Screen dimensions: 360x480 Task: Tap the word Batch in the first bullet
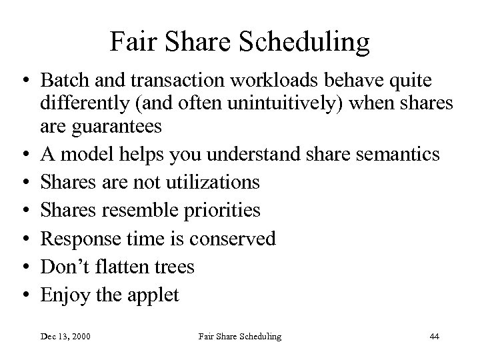(x=63, y=81)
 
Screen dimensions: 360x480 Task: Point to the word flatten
(x=120, y=267)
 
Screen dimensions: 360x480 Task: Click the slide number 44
(x=434, y=337)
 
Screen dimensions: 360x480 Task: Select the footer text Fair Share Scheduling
(x=239, y=337)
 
